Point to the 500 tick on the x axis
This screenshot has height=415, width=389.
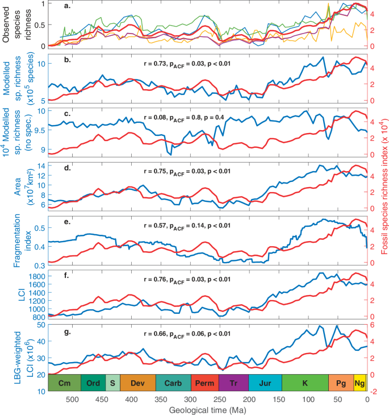pos(72,399)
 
